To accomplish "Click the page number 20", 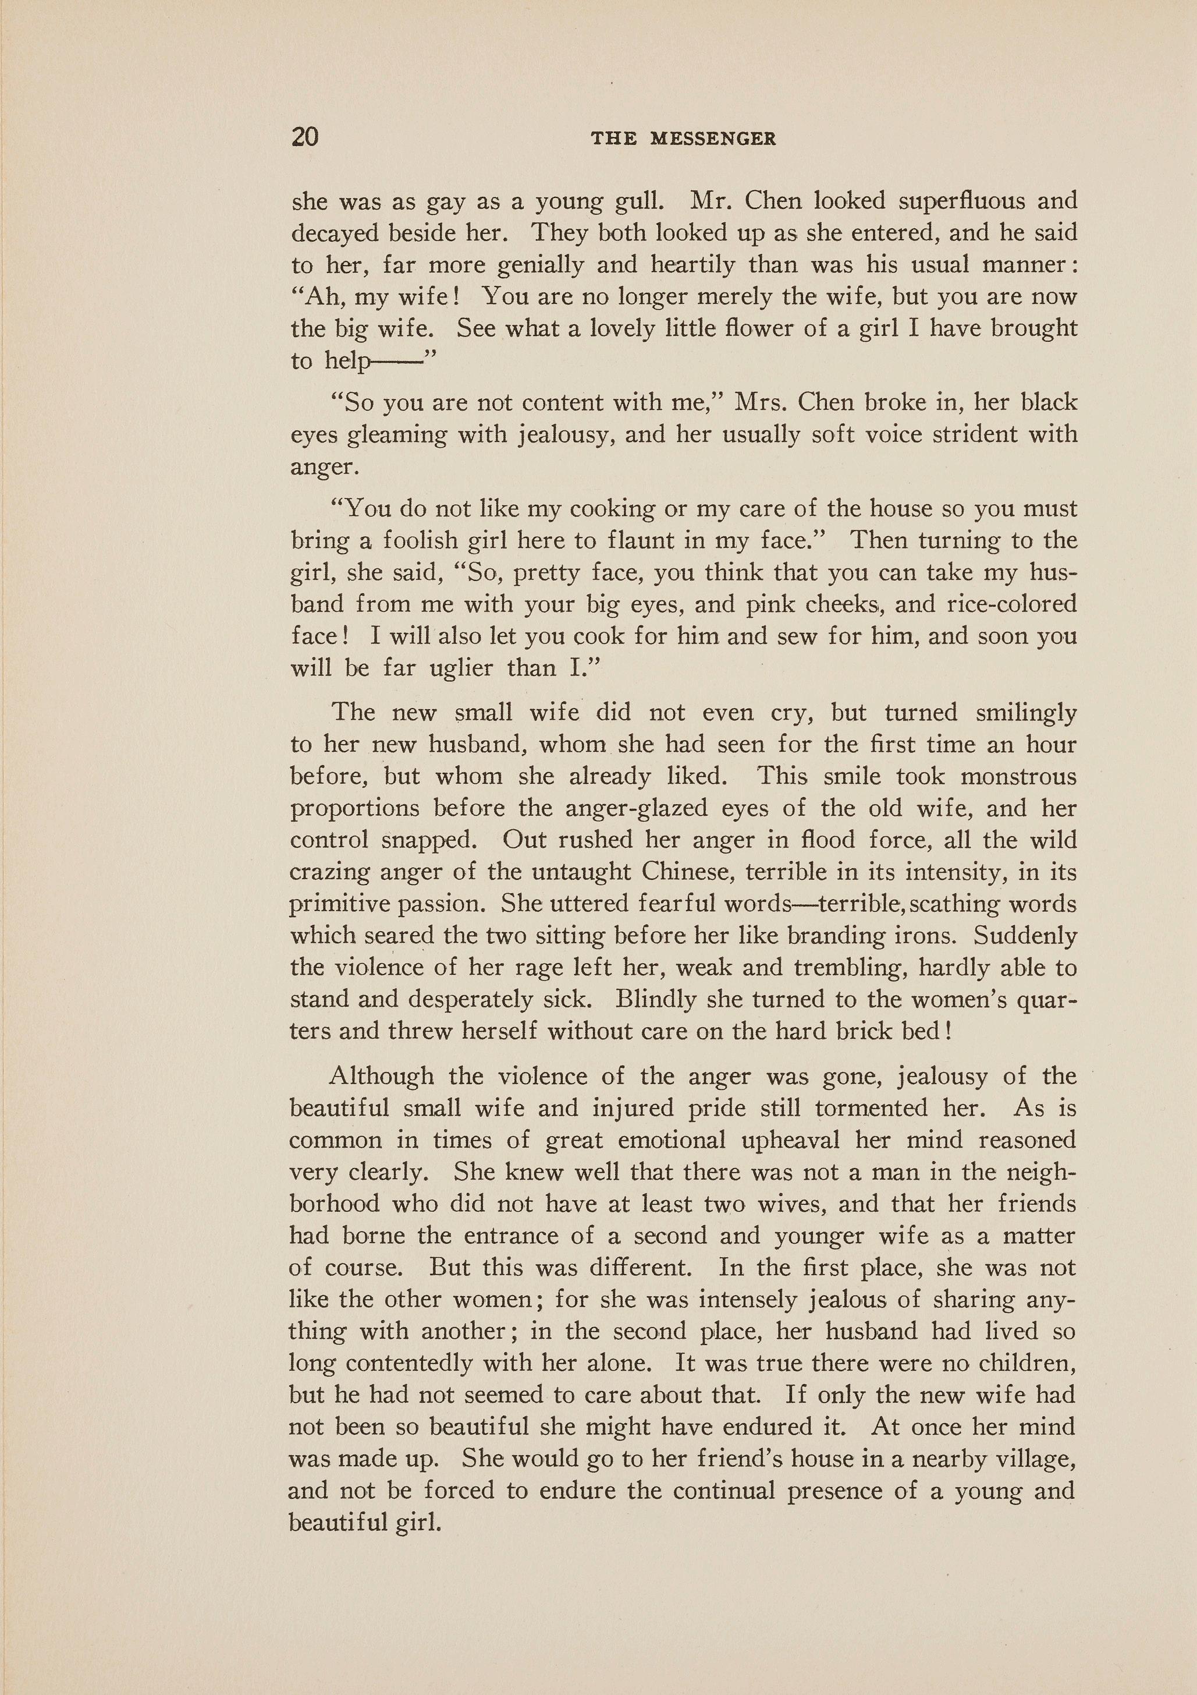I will click(x=305, y=137).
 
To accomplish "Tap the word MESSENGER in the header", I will click(x=713, y=139).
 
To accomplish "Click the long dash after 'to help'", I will click(x=394, y=362).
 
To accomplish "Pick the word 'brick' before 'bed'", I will click(x=856, y=1031).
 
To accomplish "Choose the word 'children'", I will click(x=1026, y=1363).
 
